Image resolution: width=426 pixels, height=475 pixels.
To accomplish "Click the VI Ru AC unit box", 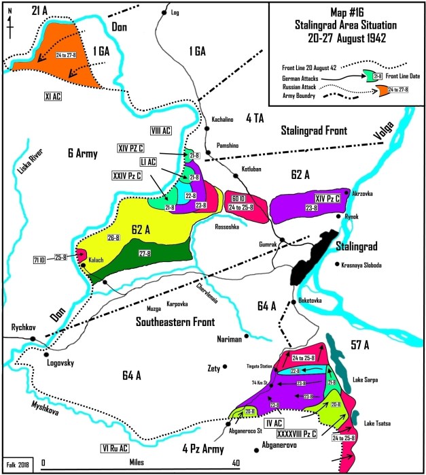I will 111,448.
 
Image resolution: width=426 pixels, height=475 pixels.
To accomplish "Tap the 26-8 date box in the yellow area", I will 113,238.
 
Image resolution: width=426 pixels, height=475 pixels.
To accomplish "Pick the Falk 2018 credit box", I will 17,465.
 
